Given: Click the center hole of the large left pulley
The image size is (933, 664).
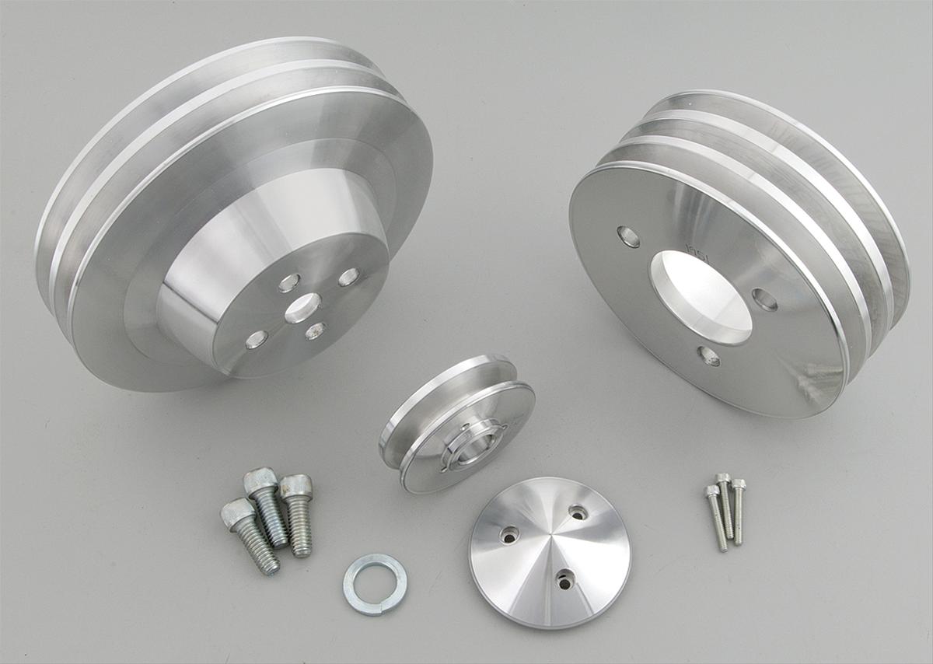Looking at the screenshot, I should coord(302,308).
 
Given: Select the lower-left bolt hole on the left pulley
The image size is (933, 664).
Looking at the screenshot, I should coord(257,339).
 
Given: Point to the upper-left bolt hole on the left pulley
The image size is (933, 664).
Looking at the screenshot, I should coord(289,282).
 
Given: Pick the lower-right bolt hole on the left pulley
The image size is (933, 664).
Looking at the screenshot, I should coord(315,331).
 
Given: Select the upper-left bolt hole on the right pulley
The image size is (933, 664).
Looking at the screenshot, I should coord(628,236).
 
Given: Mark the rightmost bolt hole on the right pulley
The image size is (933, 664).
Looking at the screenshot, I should coord(764,299).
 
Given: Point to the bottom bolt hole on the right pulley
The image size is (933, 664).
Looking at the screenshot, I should coord(708,356).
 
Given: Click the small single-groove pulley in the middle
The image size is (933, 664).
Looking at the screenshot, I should coord(457,424).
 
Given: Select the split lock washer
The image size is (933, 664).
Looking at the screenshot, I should coord(375,583).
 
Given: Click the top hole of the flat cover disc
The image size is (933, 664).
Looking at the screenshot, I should coord(578,512).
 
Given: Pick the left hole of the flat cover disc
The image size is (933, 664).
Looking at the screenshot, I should coord(509,534).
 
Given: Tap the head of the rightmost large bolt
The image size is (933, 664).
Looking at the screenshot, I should coord(297,487).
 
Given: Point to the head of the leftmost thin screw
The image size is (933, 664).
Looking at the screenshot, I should coord(711,491).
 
